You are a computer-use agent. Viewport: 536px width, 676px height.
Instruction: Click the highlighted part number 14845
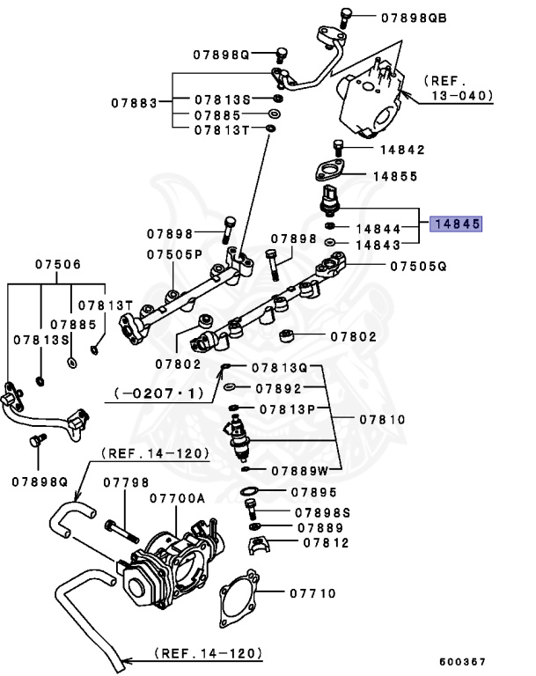(x=455, y=224)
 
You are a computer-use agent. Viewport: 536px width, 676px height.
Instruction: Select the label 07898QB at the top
(x=414, y=17)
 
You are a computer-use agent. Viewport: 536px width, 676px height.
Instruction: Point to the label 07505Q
(x=419, y=265)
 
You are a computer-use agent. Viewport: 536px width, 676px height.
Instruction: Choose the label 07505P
(x=174, y=254)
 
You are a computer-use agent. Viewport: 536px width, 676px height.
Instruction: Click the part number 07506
(x=58, y=264)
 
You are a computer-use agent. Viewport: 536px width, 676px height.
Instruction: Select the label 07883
(x=134, y=103)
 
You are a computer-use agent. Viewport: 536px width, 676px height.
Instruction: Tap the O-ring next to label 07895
(x=249, y=492)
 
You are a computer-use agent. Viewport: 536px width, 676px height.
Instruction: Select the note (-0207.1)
(x=158, y=393)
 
